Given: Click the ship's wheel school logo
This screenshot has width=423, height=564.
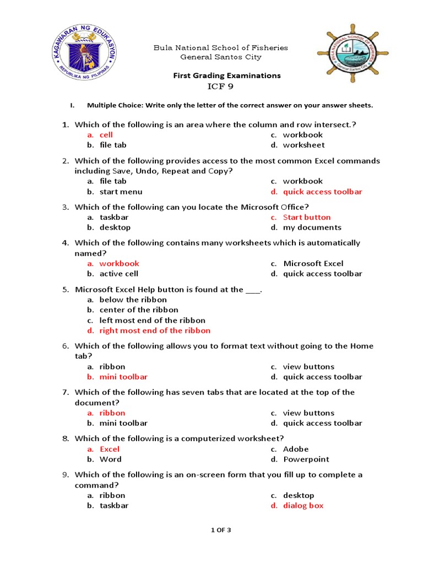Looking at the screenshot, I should pos(348,53).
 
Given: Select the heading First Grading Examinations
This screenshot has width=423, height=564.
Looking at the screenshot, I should pos(227,75).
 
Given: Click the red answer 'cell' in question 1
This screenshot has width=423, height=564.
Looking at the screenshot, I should pos(106,134).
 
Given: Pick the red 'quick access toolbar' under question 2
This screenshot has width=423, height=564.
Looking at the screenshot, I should pos(322,192).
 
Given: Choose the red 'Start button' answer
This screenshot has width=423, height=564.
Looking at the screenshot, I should pos(307,217).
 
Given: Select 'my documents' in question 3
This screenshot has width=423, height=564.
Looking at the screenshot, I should pos(312,227).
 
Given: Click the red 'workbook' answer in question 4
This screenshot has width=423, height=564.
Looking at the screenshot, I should pos(119,263).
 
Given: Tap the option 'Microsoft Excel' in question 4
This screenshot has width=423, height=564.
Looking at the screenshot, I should pos(313,263).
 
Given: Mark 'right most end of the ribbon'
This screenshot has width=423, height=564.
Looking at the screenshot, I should pos(155,330).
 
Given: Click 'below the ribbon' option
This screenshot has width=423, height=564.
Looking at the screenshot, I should pos(127,300).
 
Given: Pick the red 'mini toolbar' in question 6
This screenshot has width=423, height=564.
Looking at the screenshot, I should pos(123,377).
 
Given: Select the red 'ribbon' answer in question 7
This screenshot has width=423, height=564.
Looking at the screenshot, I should pos(112,413).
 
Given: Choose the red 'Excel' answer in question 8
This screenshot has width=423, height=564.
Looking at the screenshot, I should pos(110,449).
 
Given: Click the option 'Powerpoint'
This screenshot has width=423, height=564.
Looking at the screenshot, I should pos(306,459).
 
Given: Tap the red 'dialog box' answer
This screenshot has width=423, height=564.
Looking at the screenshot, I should pos(303,506).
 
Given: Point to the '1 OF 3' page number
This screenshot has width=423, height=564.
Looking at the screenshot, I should pos(221,530).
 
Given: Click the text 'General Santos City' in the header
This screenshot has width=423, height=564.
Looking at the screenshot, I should pos(221,57).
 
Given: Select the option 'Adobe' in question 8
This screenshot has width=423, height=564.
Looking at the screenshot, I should pos(296,449).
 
